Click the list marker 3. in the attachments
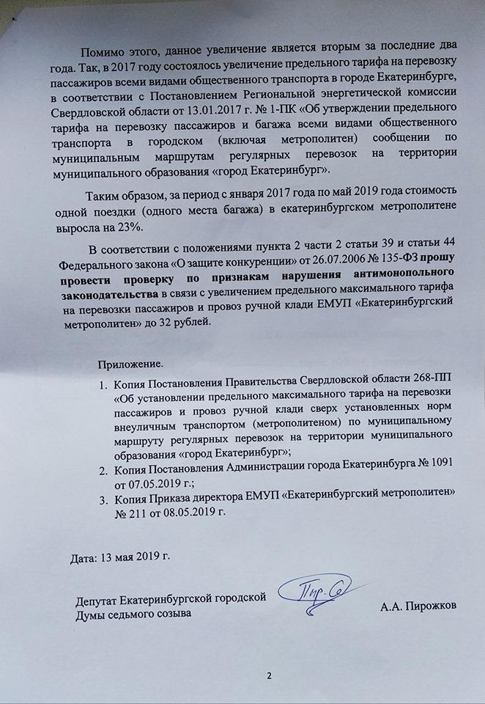(x=103, y=499)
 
